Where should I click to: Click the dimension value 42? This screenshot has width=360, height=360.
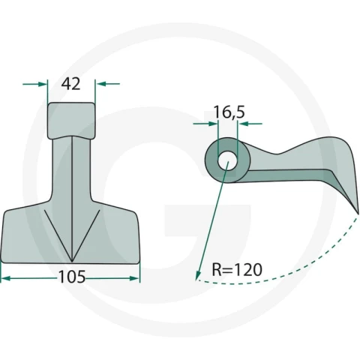[x=71, y=84]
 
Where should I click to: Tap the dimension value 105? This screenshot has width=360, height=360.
[x=72, y=277]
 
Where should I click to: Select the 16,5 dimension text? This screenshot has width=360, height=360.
[x=229, y=112]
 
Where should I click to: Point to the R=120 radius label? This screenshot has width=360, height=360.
[x=237, y=269]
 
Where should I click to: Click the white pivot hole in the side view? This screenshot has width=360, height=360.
[x=227, y=161]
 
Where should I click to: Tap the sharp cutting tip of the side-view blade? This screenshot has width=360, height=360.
[x=358, y=213]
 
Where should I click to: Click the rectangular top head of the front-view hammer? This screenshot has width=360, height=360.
[x=71, y=121]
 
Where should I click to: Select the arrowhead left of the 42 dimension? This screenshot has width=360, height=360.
[x=43, y=84]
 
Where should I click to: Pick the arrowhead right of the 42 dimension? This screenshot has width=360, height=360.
[x=100, y=84]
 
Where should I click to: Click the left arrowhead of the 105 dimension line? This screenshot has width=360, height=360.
[x=6, y=278]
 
